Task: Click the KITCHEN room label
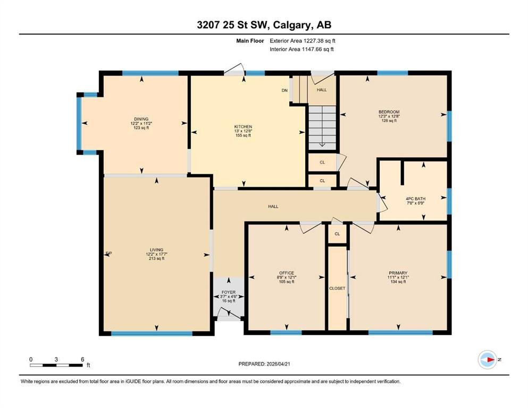click(243, 126)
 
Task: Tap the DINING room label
click(141, 118)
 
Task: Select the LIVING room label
click(156, 250)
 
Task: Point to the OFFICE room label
click(287, 273)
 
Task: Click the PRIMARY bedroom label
click(398, 273)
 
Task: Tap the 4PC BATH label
click(415, 199)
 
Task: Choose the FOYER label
click(229, 292)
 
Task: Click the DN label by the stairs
click(284, 90)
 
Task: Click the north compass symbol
click(488, 360)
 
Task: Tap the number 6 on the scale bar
click(82, 359)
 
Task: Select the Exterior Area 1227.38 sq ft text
click(303, 41)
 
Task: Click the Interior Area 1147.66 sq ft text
click(301, 49)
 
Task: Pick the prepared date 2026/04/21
click(278, 364)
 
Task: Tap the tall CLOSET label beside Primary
click(337, 288)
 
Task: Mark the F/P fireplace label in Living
click(108, 253)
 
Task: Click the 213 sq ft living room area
click(156, 258)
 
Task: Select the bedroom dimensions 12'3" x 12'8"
click(389, 116)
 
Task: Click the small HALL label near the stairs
click(322, 90)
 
